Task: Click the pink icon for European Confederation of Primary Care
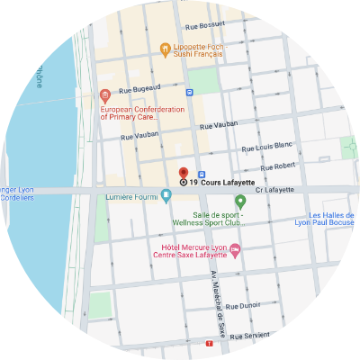pyautogui.click(x=104, y=94)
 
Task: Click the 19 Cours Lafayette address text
pyautogui.click(x=213, y=182)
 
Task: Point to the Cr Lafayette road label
pyautogui.click(x=275, y=189)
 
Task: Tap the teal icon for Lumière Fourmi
pyautogui.click(x=166, y=195)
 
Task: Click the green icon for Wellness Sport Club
pyautogui.click(x=239, y=200)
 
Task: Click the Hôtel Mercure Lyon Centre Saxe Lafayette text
pyautogui.click(x=189, y=252)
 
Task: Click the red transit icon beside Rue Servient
pyautogui.click(x=210, y=343)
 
